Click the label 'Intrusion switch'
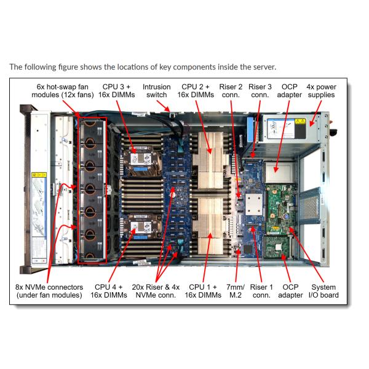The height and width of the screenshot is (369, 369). coord(157,91)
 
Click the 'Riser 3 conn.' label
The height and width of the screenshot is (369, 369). coord(260,91)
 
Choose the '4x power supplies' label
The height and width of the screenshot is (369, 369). coord(322,91)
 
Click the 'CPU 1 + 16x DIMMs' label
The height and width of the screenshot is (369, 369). coord(205,291)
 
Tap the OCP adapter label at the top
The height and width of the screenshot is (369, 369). coord(290,91)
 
